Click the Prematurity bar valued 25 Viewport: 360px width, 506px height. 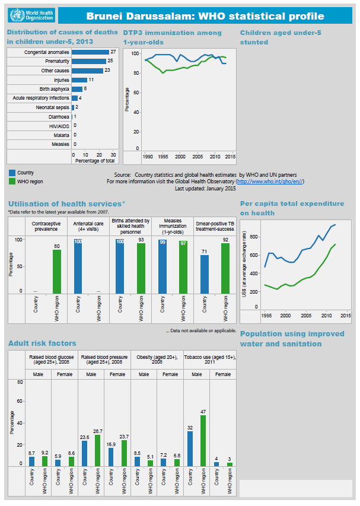[x=88, y=61]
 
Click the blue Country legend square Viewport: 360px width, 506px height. [x=11, y=173]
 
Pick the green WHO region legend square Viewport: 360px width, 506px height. [x=11, y=182]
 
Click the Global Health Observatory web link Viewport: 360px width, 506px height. [x=269, y=182]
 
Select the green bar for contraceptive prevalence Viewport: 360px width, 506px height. [x=57, y=270]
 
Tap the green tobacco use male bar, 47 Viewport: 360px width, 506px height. [x=203, y=441]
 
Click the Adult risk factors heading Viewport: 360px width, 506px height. [x=42, y=343]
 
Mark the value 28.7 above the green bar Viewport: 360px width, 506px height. [x=98, y=431]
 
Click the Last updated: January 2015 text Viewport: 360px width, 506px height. [x=205, y=188]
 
